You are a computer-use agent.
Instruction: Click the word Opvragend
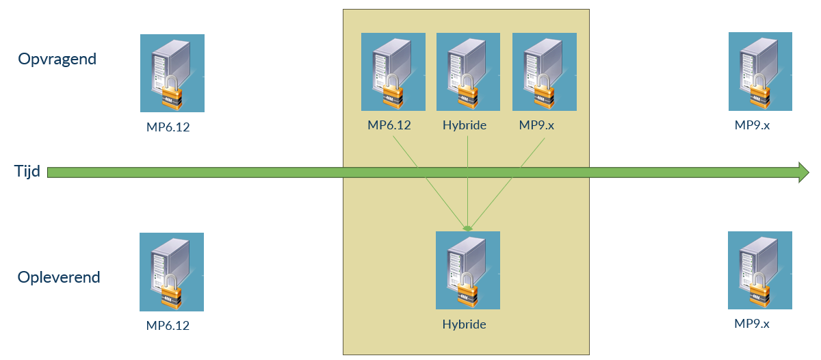tap(57, 59)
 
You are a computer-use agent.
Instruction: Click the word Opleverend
tap(59, 277)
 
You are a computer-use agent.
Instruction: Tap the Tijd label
tap(28, 171)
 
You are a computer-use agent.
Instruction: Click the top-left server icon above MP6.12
tap(172, 73)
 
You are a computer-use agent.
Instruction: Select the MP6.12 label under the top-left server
tap(168, 127)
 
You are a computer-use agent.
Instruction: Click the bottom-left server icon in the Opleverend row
tap(172, 272)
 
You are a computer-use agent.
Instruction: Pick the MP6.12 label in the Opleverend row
tap(168, 325)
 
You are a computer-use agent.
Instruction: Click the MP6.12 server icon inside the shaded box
tap(393, 72)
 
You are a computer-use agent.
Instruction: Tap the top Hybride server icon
tap(468, 72)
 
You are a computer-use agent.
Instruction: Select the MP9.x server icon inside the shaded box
tap(544, 72)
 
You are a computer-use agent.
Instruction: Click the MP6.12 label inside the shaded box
tap(389, 125)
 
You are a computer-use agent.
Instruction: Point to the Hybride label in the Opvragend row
tap(464, 125)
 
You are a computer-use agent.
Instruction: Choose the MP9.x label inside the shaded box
tap(536, 125)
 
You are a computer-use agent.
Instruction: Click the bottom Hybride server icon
tap(468, 270)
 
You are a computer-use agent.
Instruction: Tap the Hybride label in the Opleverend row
tap(464, 324)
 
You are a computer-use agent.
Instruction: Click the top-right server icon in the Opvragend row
tap(760, 71)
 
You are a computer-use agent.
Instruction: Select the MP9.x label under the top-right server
tap(752, 125)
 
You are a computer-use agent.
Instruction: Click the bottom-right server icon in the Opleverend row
tap(759, 270)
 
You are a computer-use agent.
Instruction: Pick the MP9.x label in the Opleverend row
tap(752, 323)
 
